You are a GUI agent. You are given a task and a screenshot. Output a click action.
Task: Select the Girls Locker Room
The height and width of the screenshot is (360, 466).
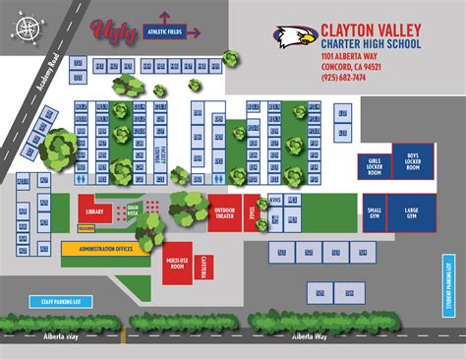click(375, 165)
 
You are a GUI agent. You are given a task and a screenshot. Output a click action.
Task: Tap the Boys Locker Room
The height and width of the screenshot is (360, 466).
click(413, 160)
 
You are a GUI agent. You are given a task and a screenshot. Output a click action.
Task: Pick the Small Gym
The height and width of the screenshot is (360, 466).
click(375, 211)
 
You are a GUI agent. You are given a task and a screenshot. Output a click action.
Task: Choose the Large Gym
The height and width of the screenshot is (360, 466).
click(413, 211)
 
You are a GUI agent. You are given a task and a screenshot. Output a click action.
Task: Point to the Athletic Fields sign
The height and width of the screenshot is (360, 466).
click(163, 31)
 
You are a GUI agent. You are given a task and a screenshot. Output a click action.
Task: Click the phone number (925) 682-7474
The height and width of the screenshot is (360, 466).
click(343, 77)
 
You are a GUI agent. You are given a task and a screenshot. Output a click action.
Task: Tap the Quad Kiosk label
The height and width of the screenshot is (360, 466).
click(132, 209)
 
